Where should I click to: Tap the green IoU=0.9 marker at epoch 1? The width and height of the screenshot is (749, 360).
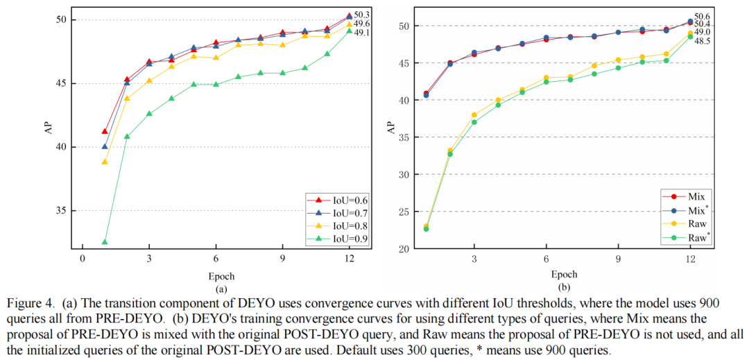(x=105, y=242)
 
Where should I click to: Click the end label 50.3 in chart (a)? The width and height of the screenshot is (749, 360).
(x=362, y=14)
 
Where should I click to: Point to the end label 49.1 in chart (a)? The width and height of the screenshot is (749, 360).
(x=362, y=33)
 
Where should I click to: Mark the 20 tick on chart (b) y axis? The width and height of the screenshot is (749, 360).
(x=403, y=248)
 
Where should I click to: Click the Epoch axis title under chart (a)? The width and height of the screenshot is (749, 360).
(x=216, y=274)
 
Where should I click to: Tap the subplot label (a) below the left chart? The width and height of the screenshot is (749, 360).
(x=221, y=288)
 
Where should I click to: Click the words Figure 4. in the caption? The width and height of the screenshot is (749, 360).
(x=28, y=303)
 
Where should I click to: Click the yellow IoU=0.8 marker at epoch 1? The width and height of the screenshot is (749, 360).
(x=105, y=162)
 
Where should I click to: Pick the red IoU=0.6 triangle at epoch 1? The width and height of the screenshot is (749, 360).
(x=105, y=131)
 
